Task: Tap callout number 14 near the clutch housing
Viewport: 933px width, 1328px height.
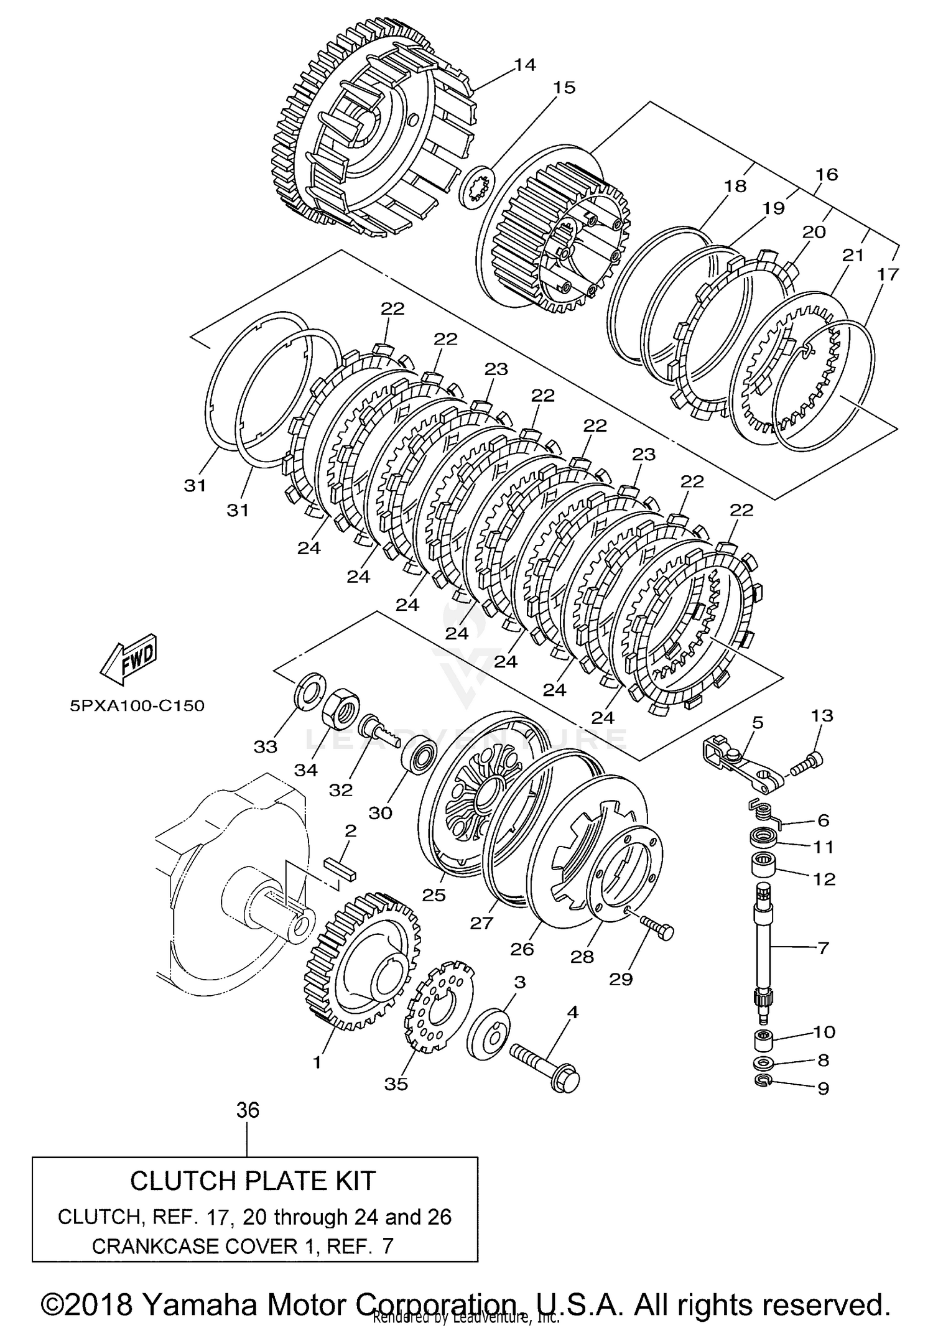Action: (x=525, y=65)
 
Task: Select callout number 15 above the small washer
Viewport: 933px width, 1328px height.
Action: (x=564, y=88)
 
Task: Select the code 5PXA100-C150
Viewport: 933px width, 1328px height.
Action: (x=137, y=706)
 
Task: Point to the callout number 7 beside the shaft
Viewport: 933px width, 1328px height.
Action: (x=823, y=949)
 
